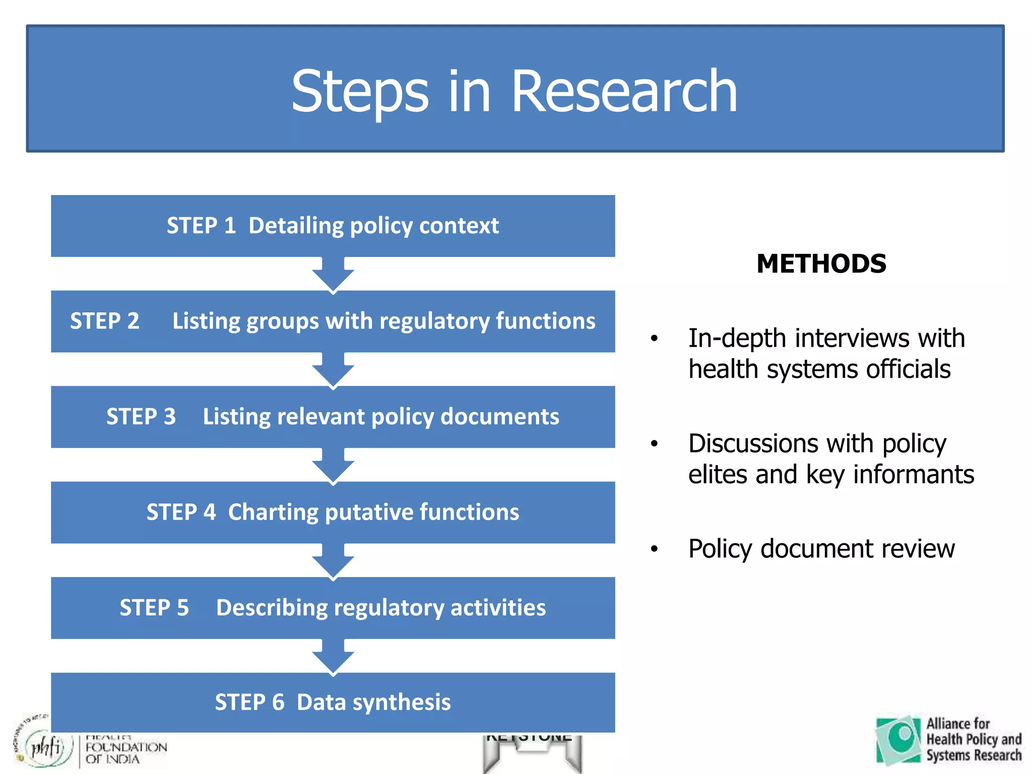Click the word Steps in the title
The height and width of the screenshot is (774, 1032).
(x=360, y=93)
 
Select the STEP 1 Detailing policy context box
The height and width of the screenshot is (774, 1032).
(x=333, y=226)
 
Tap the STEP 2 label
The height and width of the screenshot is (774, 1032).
(x=105, y=321)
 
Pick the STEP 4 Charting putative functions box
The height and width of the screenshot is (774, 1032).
(x=333, y=512)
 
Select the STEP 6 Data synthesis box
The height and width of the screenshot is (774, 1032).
(x=333, y=702)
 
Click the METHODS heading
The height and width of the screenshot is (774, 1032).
(x=821, y=264)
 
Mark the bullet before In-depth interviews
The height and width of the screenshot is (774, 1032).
(x=654, y=339)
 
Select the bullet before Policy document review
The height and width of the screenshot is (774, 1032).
(x=654, y=549)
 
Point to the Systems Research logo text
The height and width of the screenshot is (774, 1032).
(x=974, y=755)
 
